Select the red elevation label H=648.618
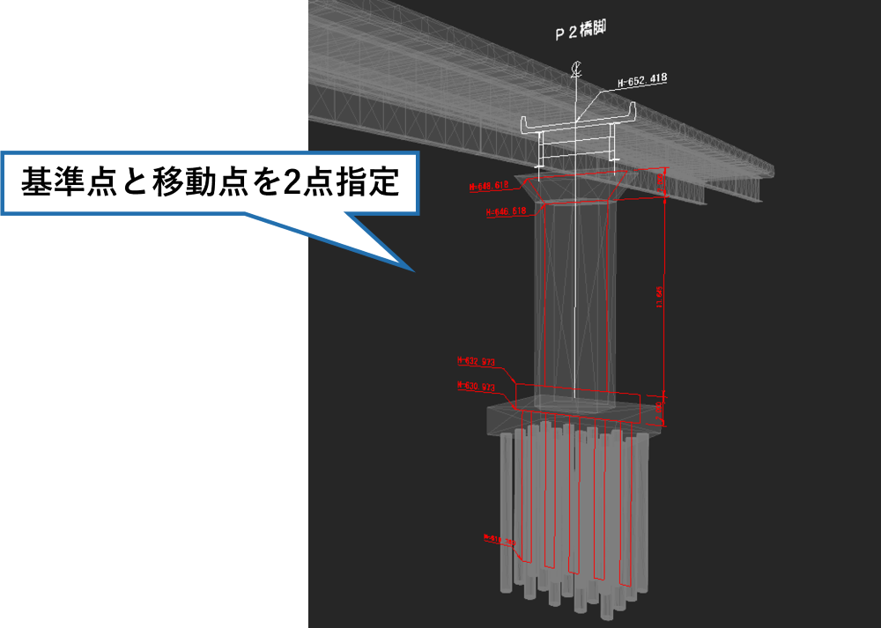point(489,186)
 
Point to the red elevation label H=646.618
point(506,211)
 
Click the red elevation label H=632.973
point(476,361)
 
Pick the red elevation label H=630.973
point(476,386)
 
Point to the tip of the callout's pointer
point(411,270)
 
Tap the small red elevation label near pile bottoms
point(499,539)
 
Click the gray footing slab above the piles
point(573,419)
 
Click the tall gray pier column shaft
point(576,299)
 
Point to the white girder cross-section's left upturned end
point(527,122)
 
